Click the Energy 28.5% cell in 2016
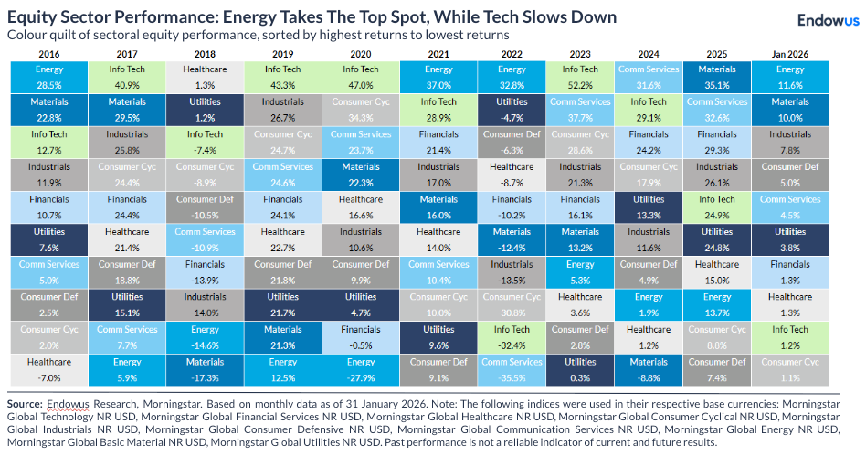click(x=41, y=77)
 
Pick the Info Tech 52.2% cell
click(x=580, y=77)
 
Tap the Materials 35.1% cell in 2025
click(x=717, y=77)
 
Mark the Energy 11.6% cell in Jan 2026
click(x=790, y=77)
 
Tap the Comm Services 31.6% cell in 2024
click(x=649, y=77)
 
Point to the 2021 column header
click(x=438, y=54)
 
